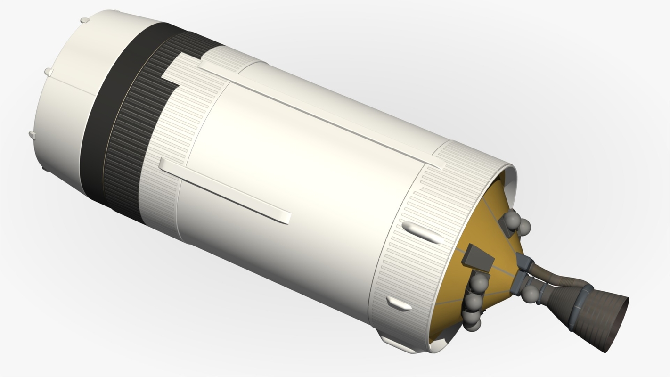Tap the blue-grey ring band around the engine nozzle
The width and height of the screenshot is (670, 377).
click(580, 306)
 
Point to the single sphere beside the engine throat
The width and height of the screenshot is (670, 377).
click(531, 294)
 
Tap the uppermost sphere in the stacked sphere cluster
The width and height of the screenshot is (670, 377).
click(480, 282)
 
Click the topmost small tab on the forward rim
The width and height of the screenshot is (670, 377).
click(85, 20)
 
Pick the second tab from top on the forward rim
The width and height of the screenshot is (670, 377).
click(49, 72)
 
